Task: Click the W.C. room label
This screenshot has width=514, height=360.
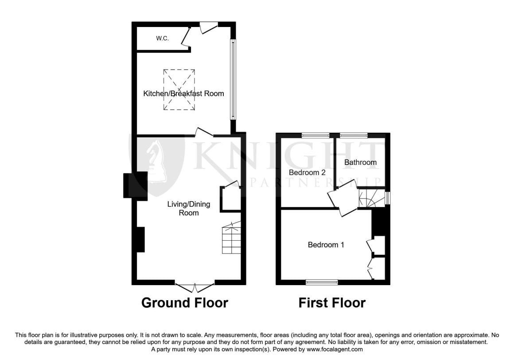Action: click(x=162, y=39)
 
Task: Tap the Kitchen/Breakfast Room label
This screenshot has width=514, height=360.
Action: click(x=183, y=94)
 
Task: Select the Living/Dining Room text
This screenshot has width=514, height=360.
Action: click(x=189, y=208)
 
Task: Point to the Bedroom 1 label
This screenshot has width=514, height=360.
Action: click(x=326, y=245)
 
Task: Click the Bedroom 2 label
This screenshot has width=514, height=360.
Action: click(x=307, y=172)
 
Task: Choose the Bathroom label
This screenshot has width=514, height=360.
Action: click(x=360, y=162)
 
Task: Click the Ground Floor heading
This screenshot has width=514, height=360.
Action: click(x=185, y=303)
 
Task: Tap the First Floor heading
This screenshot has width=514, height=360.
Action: click(x=332, y=303)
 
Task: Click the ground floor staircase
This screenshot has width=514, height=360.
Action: click(x=231, y=237)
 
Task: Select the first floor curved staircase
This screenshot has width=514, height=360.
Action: click(x=372, y=198)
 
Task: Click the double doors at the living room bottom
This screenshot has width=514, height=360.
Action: click(x=195, y=288)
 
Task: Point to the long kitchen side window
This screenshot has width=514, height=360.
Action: click(x=233, y=80)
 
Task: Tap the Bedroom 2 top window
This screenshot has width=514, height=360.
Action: click(x=315, y=135)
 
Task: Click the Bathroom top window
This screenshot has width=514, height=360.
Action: click(x=354, y=135)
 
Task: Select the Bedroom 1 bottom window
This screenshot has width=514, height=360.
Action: click(x=322, y=282)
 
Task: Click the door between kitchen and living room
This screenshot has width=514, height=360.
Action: click(x=204, y=132)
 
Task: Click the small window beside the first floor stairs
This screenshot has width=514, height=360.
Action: click(x=388, y=198)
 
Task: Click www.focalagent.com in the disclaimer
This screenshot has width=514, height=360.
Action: click(x=335, y=349)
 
